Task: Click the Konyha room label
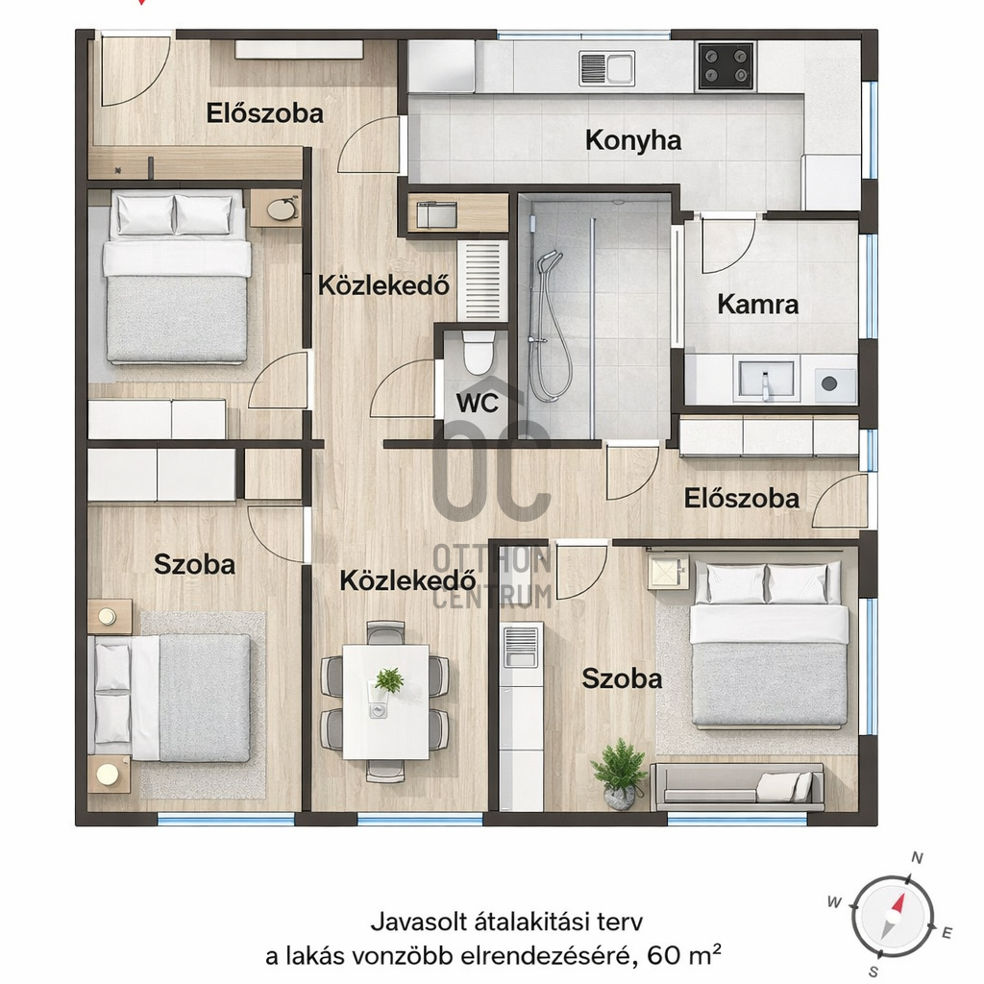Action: pyautogui.click(x=632, y=140)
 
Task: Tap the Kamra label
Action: pyautogui.click(x=757, y=305)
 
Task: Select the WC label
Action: pyautogui.click(x=478, y=403)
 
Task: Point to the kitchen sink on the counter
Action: pyautogui.click(x=607, y=68)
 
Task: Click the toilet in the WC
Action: pyautogui.click(x=478, y=352)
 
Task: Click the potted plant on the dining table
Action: pyautogui.click(x=388, y=680)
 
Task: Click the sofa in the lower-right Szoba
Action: pyautogui.click(x=737, y=786)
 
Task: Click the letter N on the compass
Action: pyautogui.click(x=917, y=858)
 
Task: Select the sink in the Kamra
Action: pyautogui.click(x=766, y=381)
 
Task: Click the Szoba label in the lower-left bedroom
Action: pyautogui.click(x=194, y=565)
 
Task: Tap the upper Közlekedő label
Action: pyautogui.click(x=383, y=285)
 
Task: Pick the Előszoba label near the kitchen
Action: pyautogui.click(x=265, y=113)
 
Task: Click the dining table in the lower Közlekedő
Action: pyautogui.click(x=386, y=701)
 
